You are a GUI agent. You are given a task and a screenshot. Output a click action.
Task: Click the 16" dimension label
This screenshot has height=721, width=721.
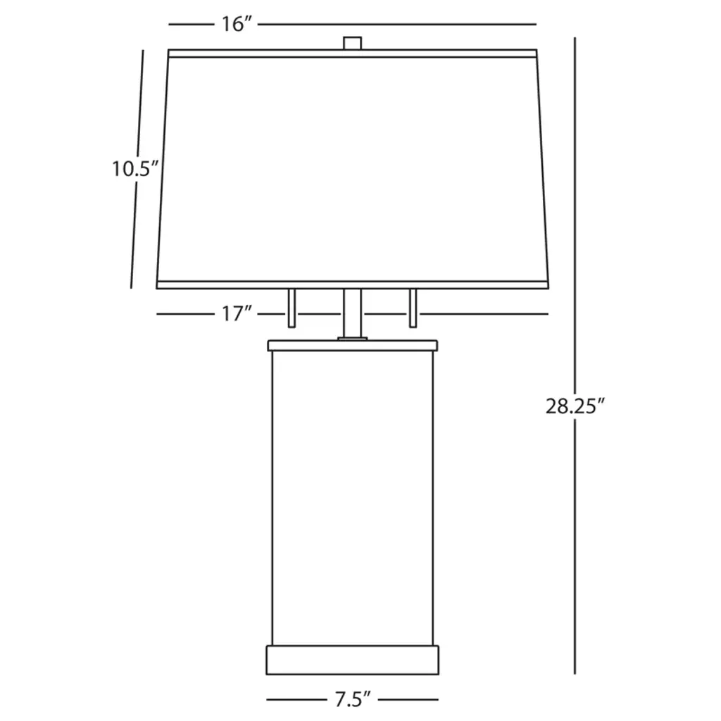coord(237,24)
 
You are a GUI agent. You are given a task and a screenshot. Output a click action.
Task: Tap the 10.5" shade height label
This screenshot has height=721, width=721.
coord(135,169)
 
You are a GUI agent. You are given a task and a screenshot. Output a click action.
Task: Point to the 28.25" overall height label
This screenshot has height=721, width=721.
coord(575,406)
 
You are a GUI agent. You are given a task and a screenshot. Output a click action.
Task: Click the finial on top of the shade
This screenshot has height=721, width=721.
coord(353,43)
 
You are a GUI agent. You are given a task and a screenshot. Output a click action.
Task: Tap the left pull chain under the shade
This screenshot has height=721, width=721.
coord(291,308)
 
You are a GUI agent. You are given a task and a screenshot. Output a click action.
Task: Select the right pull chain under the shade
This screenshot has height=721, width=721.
coord(413,308)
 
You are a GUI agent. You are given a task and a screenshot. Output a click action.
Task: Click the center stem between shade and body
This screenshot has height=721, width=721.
coord(353,313)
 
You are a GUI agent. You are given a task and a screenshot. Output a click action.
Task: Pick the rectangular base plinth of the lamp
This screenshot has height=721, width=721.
coord(353,660)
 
